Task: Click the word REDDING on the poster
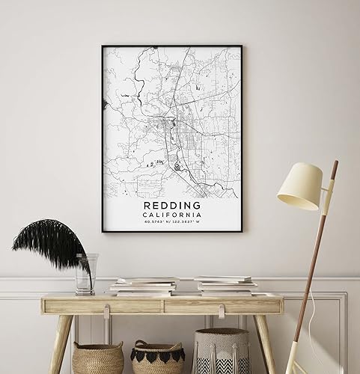172,204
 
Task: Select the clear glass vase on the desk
85,273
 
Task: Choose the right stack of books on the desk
225,285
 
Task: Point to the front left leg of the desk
60,341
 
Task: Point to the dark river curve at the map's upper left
138,75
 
